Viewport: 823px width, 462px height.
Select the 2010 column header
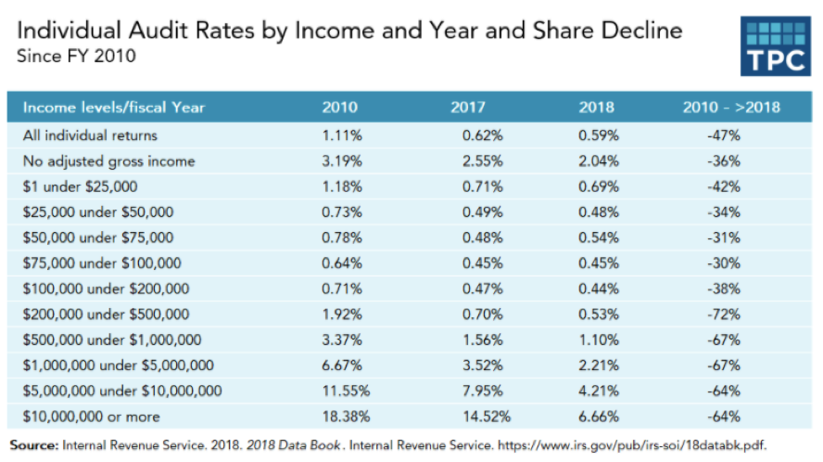coord(339,107)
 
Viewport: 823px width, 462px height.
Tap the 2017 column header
coord(468,107)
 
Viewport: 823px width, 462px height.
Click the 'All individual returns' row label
coord(90,135)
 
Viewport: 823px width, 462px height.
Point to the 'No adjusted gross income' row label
coord(108,161)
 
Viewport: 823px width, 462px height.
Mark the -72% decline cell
coord(722,314)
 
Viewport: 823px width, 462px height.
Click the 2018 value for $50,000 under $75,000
coord(600,237)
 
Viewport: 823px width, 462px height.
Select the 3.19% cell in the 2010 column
coord(340,161)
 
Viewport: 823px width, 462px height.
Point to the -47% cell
coord(722,135)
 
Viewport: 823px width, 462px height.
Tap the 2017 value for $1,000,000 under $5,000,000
coord(481,366)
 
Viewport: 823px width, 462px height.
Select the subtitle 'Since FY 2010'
coord(76,56)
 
